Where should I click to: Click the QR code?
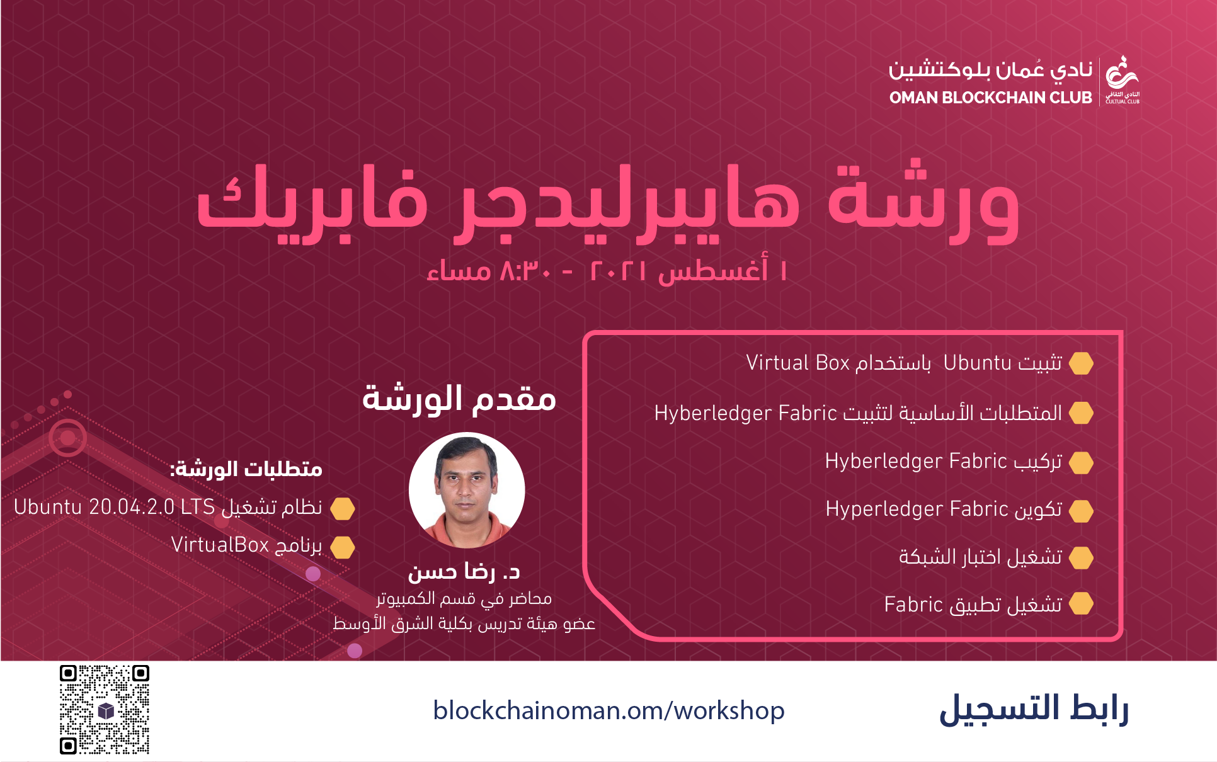click(x=105, y=709)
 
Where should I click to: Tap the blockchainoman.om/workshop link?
click(x=608, y=711)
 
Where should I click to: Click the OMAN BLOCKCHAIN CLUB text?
click(x=990, y=98)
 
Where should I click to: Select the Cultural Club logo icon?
click(x=1123, y=79)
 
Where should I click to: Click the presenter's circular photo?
click(x=467, y=490)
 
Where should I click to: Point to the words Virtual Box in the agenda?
click(x=798, y=363)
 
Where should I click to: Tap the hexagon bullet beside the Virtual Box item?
click(x=1082, y=363)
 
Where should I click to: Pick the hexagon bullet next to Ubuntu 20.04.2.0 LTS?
click(x=343, y=509)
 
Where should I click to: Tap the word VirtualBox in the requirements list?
click(x=220, y=545)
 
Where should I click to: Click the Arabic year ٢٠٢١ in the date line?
click(x=618, y=271)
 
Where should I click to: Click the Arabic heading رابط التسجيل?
click(x=1034, y=710)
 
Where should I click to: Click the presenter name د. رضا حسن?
click(x=464, y=571)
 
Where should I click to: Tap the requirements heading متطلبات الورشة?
click(x=246, y=469)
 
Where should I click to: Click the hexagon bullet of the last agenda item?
click(x=1082, y=604)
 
